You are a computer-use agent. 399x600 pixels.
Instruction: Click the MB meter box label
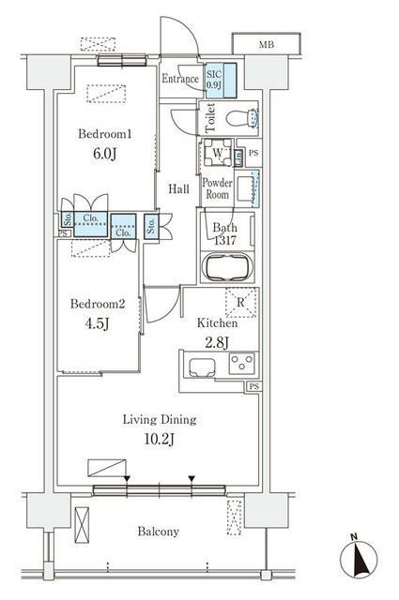click(267, 45)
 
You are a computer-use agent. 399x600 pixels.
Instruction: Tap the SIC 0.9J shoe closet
click(221, 80)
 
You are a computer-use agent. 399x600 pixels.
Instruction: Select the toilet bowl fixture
click(240, 118)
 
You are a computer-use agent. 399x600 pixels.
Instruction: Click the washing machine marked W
click(217, 153)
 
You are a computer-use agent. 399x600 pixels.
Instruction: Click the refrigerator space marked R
click(240, 302)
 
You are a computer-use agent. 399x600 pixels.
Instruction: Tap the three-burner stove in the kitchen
click(241, 363)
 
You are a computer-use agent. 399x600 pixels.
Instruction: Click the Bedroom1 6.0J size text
click(104, 154)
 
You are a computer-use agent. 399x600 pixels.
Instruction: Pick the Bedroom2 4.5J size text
click(98, 323)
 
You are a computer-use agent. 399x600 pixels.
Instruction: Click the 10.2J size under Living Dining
click(160, 439)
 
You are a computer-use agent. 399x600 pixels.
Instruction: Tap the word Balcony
click(159, 532)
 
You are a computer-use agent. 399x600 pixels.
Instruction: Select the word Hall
click(179, 188)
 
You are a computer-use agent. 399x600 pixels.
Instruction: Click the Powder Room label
click(217, 188)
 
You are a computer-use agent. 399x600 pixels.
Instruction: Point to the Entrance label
click(179, 79)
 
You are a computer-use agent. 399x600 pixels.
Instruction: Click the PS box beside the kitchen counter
click(253, 386)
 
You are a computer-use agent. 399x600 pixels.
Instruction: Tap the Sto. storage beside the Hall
click(151, 226)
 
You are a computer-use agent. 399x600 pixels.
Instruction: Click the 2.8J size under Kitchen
click(217, 342)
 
